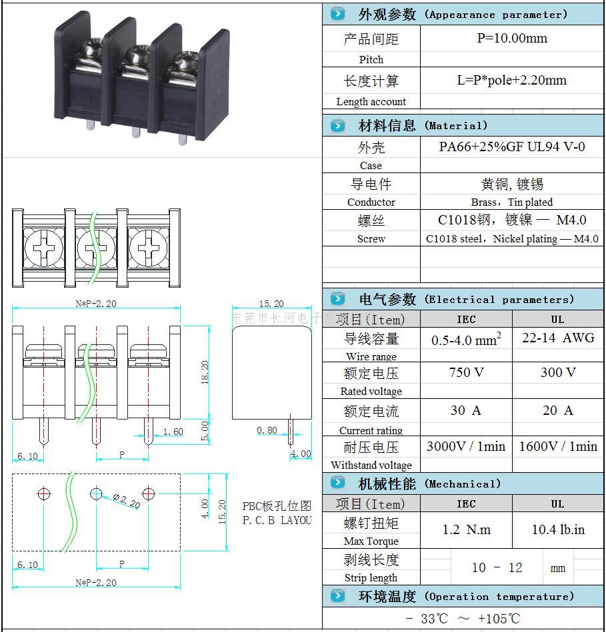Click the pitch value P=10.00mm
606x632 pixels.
click(x=511, y=39)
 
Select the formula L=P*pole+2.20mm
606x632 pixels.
click(x=511, y=81)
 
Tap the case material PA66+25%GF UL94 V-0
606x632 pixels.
click(x=511, y=147)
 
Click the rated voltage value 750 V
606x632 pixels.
click(x=466, y=372)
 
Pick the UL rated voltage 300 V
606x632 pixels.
click(x=557, y=372)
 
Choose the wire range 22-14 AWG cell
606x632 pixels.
click(x=557, y=338)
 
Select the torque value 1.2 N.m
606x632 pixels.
click(x=466, y=529)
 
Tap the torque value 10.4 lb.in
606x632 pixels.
click(x=558, y=529)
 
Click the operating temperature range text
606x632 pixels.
click(x=463, y=619)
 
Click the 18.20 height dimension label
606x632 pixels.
click(x=205, y=372)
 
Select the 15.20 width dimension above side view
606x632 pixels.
click(x=271, y=304)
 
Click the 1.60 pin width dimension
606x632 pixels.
click(x=173, y=432)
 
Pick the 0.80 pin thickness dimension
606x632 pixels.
click(x=267, y=430)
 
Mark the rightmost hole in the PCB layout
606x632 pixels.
click(x=148, y=493)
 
